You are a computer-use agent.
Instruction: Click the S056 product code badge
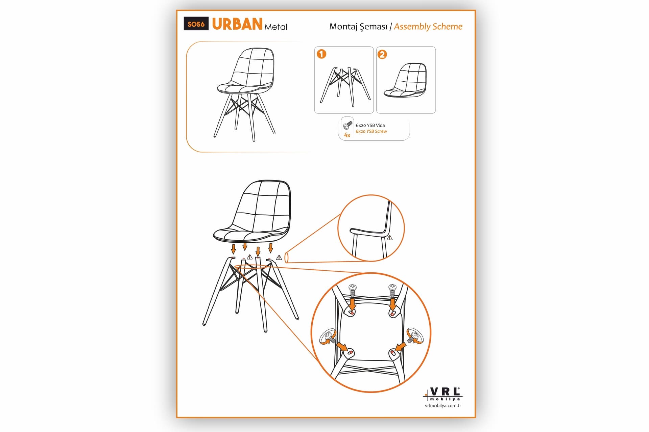tap(196, 24)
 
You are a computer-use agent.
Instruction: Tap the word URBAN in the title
tap(237, 24)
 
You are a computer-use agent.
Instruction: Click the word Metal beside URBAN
tap(276, 27)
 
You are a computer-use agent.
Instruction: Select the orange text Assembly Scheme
tap(428, 27)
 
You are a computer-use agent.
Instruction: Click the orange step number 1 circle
tap(321, 54)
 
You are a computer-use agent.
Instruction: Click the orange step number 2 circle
tap(382, 54)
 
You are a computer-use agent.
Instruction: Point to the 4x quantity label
tap(347, 135)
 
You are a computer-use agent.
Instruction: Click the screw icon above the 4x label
tap(347, 125)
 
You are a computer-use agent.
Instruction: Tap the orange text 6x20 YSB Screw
tap(371, 131)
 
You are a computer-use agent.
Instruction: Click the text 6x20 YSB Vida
tap(370, 125)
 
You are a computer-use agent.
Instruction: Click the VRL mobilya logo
tap(443, 394)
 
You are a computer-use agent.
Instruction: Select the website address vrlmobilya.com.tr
tap(443, 406)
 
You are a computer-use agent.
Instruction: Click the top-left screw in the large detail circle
tap(353, 290)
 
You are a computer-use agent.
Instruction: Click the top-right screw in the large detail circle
tap(392, 290)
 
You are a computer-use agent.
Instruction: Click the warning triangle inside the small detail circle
tap(390, 238)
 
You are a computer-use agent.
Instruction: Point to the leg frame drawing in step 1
tap(345, 86)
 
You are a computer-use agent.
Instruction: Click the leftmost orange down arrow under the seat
tap(233, 249)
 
